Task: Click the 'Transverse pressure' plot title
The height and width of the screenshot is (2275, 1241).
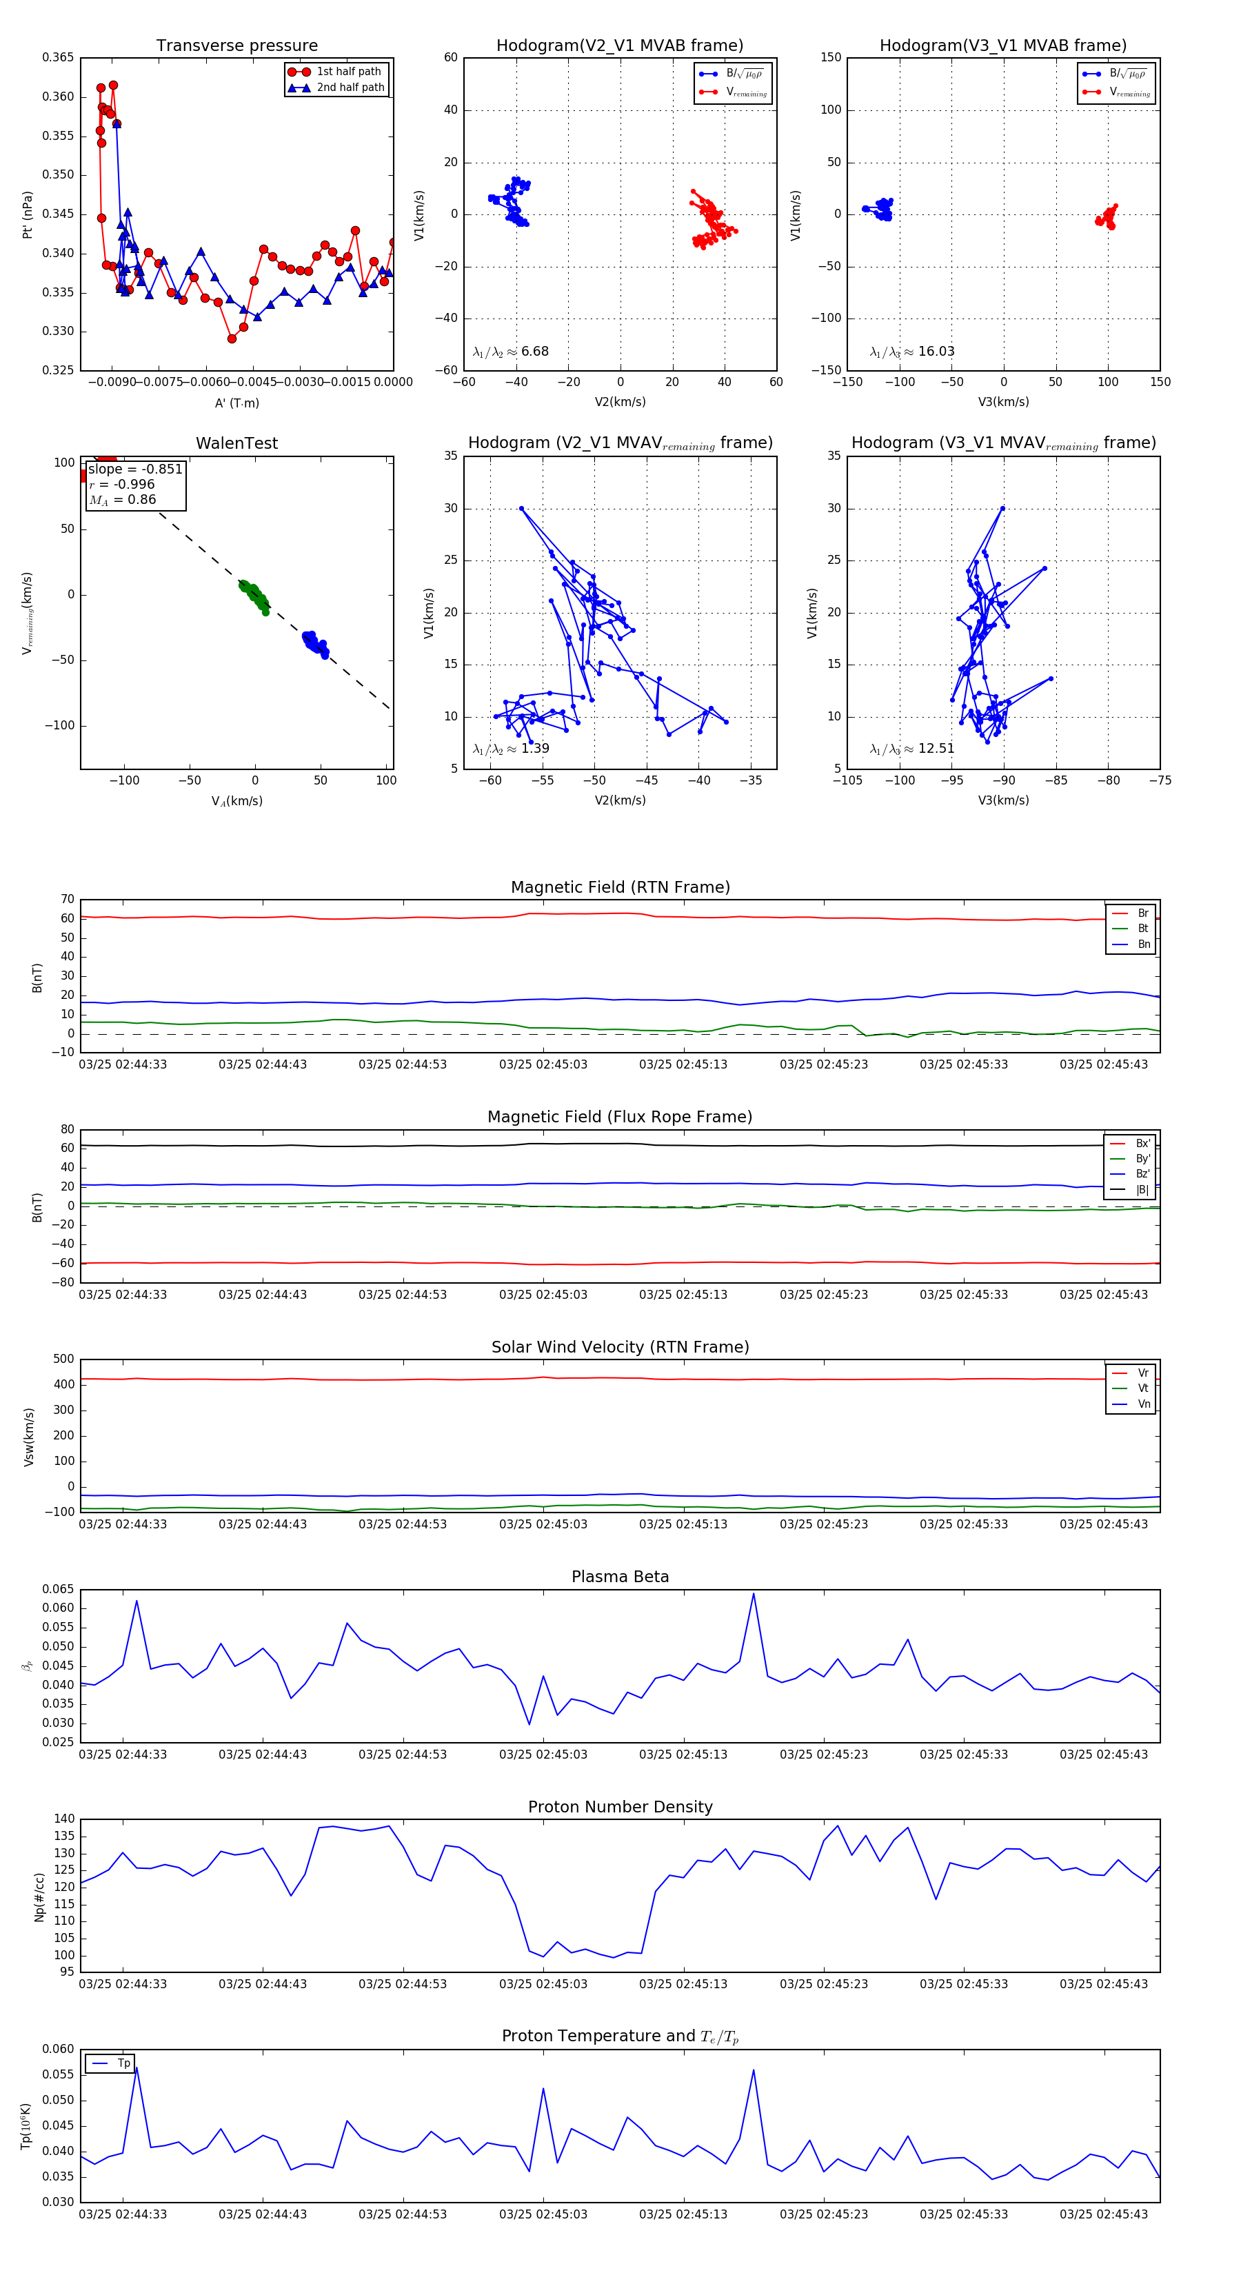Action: coord(236,46)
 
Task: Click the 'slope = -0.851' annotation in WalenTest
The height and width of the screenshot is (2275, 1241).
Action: coord(135,469)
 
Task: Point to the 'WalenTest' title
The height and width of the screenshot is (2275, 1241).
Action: coord(236,443)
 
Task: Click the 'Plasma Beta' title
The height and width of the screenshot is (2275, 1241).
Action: coord(620,1577)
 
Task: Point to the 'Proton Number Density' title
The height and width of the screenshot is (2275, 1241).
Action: coord(620,1807)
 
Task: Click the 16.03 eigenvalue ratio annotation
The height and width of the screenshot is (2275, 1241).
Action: coord(912,352)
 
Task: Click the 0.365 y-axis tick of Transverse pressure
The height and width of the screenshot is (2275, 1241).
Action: coord(59,57)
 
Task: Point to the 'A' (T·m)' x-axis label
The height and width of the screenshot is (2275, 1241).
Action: coord(236,403)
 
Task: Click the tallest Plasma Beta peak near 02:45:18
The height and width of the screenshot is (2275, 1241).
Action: coord(754,1594)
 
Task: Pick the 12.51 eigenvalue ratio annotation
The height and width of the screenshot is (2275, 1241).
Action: coord(912,749)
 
